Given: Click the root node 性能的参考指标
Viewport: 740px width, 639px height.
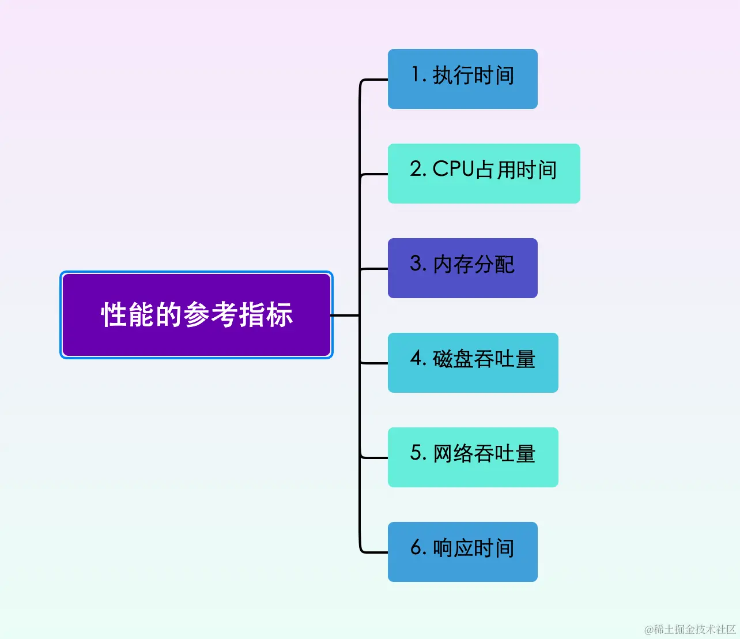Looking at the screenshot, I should pyautogui.click(x=197, y=315).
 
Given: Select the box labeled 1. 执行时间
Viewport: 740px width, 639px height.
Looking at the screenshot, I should pyautogui.click(x=462, y=79).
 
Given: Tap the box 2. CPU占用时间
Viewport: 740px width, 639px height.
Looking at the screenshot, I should pyautogui.click(x=484, y=174).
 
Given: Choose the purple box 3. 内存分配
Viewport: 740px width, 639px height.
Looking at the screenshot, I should pyautogui.click(x=462, y=268).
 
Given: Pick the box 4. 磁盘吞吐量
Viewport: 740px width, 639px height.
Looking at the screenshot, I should pyautogui.click(x=473, y=363).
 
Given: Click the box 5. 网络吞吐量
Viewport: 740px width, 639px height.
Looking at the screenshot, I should pyautogui.click(x=473, y=457).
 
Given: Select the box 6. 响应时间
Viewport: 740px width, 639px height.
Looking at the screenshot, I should pyautogui.click(x=462, y=552).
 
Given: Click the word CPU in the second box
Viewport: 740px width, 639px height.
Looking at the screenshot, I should pyautogui.click(x=453, y=169).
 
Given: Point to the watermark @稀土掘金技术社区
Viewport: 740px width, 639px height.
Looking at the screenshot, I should pyautogui.click(x=690, y=629).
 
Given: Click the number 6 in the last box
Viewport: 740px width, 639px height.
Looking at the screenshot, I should pyautogui.click(x=416, y=547).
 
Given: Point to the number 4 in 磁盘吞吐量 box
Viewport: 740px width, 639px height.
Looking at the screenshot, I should pyautogui.click(x=416, y=358).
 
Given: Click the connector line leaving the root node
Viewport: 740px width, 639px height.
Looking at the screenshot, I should pyautogui.click(x=345, y=315).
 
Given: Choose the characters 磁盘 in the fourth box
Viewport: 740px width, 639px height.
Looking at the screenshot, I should pyautogui.click(x=453, y=359).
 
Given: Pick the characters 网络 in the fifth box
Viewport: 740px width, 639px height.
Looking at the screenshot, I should pyautogui.click(x=453, y=453).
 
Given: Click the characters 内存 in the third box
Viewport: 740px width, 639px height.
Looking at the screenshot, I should pyautogui.click(x=453, y=264).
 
